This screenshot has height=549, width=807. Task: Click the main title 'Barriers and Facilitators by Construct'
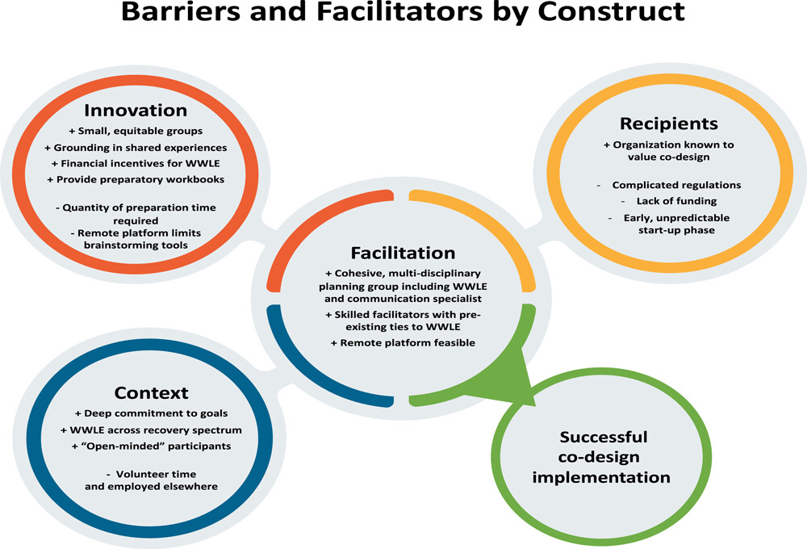click(403, 11)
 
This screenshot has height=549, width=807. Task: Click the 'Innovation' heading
click(136, 111)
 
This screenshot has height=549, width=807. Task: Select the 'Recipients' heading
click(668, 124)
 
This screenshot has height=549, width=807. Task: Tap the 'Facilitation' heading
click(403, 253)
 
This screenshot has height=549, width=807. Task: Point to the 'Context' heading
click(152, 393)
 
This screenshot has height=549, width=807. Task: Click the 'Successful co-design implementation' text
click(601, 457)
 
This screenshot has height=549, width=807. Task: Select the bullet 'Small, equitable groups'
click(136, 131)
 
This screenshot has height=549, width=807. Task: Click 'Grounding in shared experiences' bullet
click(136, 147)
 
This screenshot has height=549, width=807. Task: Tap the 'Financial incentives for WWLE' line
click(136, 163)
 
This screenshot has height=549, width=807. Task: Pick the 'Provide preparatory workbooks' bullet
click(136, 179)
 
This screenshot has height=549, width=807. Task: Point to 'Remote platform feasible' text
click(403, 342)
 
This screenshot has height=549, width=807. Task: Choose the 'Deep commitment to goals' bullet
click(152, 413)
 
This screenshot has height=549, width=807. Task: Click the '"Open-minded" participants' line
click(152, 446)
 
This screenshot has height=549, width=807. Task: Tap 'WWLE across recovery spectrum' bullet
click(152, 430)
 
